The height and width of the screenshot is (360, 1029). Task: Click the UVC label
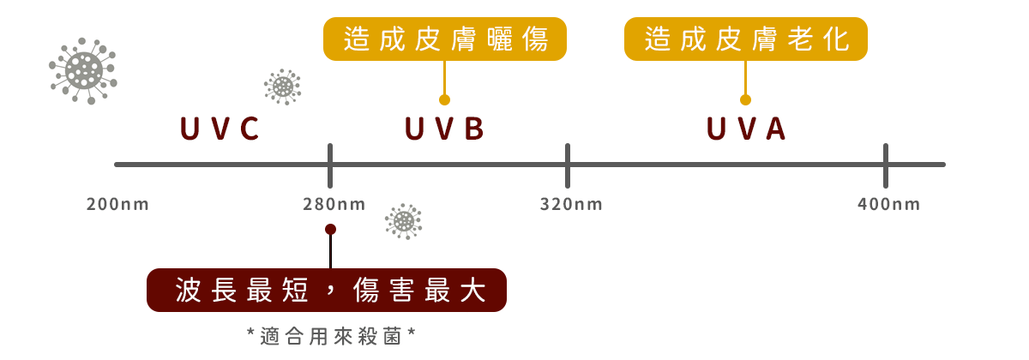(x=220, y=129)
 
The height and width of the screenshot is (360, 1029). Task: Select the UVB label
(x=444, y=129)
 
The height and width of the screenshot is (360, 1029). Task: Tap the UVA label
(x=745, y=129)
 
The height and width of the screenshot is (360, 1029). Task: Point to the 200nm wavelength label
(x=117, y=205)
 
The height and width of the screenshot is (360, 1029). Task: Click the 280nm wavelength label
(x=334, y=205)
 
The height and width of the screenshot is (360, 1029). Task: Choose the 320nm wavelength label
(x=571, y=205)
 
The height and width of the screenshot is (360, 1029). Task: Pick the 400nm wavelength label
(x=888, y=205)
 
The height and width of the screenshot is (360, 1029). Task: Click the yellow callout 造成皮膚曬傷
(x=445, y=39)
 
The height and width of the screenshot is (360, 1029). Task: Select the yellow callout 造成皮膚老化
(x=745, y=39)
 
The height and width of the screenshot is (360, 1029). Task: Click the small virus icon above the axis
(x=283, y=86)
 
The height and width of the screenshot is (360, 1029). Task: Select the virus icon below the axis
(x=403, y=221)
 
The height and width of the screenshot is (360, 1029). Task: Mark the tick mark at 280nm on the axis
(x=330, y=165)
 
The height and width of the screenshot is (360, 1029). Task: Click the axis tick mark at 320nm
(x=567, y=165)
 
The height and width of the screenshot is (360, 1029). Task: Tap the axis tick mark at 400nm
(x=886, y=165)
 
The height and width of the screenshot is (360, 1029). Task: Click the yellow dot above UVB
(x=444, y=99)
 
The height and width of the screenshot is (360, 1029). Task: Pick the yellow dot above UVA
(x=745, y=99)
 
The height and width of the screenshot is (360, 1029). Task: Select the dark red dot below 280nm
(x=330, y=229)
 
